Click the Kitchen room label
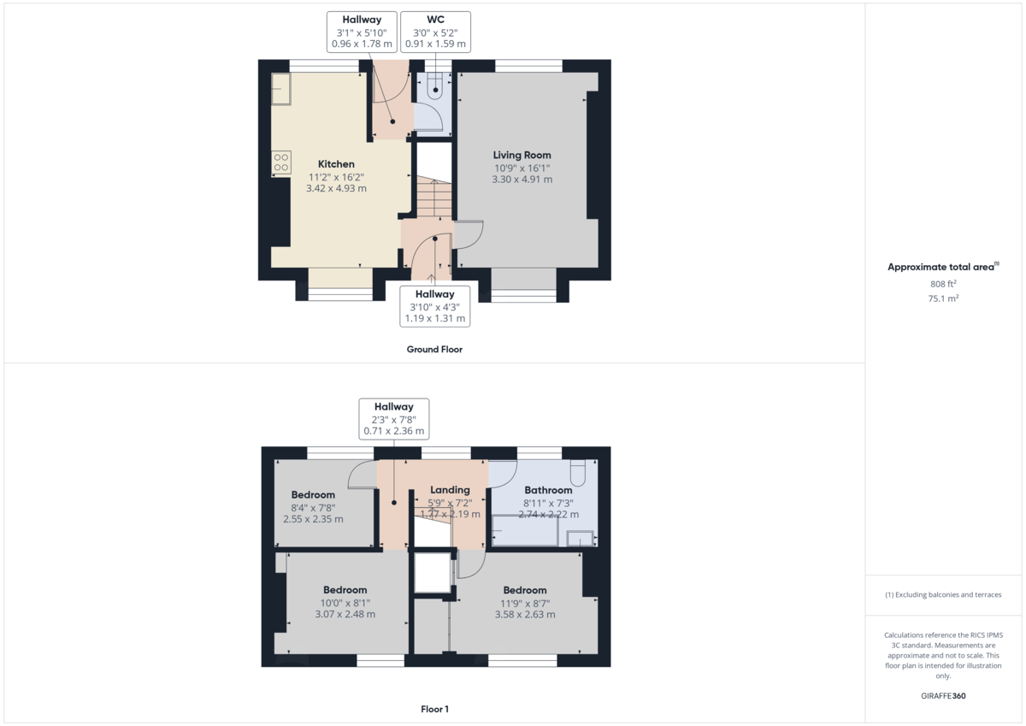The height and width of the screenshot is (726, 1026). (x=336, y=164)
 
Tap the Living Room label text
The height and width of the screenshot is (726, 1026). (x=522, y=155)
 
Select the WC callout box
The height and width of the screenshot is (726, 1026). (x=435, y=32)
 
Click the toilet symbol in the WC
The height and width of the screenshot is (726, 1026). (x=436, y=82)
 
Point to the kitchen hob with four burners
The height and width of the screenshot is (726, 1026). (x=280, y=162)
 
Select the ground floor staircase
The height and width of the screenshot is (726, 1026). (x=433, y=198)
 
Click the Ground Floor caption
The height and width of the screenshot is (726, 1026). (x=434, y=349)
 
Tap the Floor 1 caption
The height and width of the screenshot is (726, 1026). (x=434, y=709)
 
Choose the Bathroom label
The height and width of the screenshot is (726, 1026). (x=548, y=490)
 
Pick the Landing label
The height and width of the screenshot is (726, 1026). (x=450, y=490)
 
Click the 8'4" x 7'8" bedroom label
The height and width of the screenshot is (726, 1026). (x=313, y=507)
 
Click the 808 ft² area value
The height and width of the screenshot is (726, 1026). (x=943, y=284)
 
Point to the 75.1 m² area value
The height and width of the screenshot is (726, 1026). (x=943, y=298)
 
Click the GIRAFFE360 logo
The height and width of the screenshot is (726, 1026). (x=943, y=696)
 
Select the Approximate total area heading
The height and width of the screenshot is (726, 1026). (x=941, y=268)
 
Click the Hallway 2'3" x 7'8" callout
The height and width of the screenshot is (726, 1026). (x=392, y=419)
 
